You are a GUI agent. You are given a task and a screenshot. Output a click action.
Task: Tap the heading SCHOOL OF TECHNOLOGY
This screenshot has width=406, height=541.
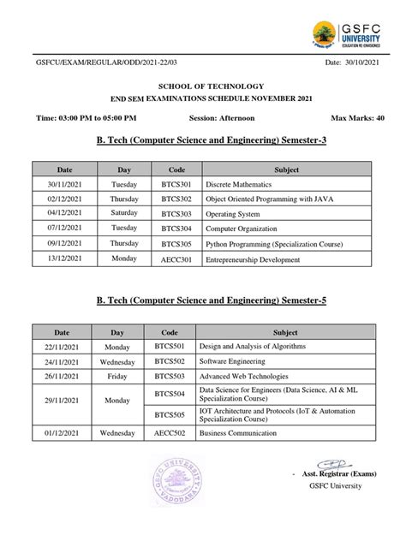pyautogui.click(x=202, y=89)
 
